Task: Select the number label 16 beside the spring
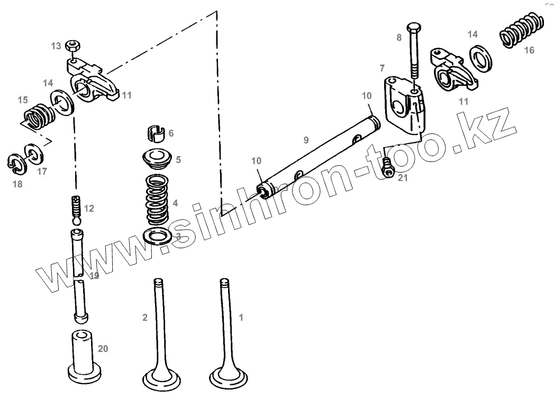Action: (529, 50)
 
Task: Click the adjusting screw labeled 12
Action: (76, 207)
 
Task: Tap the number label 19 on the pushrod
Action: (94, 276)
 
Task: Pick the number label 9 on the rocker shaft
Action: (306, 140)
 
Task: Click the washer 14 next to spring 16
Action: (480, 57)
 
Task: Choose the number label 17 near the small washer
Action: (42, 171)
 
